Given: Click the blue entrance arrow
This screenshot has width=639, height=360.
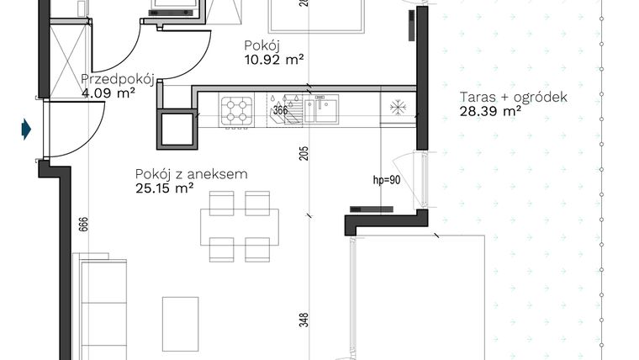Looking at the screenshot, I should click(x=27, y=129).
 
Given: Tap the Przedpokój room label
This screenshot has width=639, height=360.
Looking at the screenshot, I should click(x=116, y=80).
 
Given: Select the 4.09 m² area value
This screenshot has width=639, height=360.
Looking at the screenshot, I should click(x=108, y=93).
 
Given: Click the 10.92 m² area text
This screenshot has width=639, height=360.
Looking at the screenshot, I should click(x=273, y=59).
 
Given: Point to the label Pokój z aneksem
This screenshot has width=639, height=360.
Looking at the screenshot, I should click(x=191, y=174).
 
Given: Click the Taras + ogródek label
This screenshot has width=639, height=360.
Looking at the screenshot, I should click(x=513, y=97).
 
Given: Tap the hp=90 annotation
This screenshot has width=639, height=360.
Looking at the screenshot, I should click(x=386, y=180).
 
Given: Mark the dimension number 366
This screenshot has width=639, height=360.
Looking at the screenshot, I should click(x=280, y=109).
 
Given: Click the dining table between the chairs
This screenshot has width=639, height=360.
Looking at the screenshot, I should click(x=239, y=225).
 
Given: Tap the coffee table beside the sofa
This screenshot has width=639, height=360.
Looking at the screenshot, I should click(x=180, y=320).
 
